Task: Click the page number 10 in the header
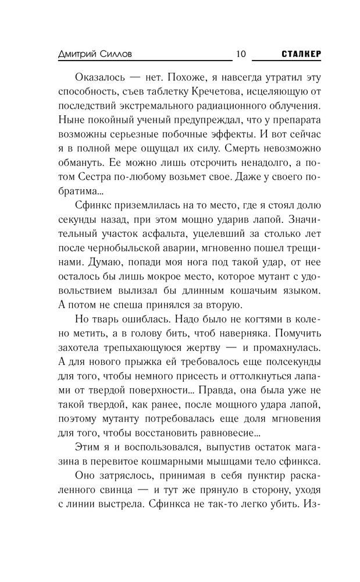[x=241, y=54]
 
